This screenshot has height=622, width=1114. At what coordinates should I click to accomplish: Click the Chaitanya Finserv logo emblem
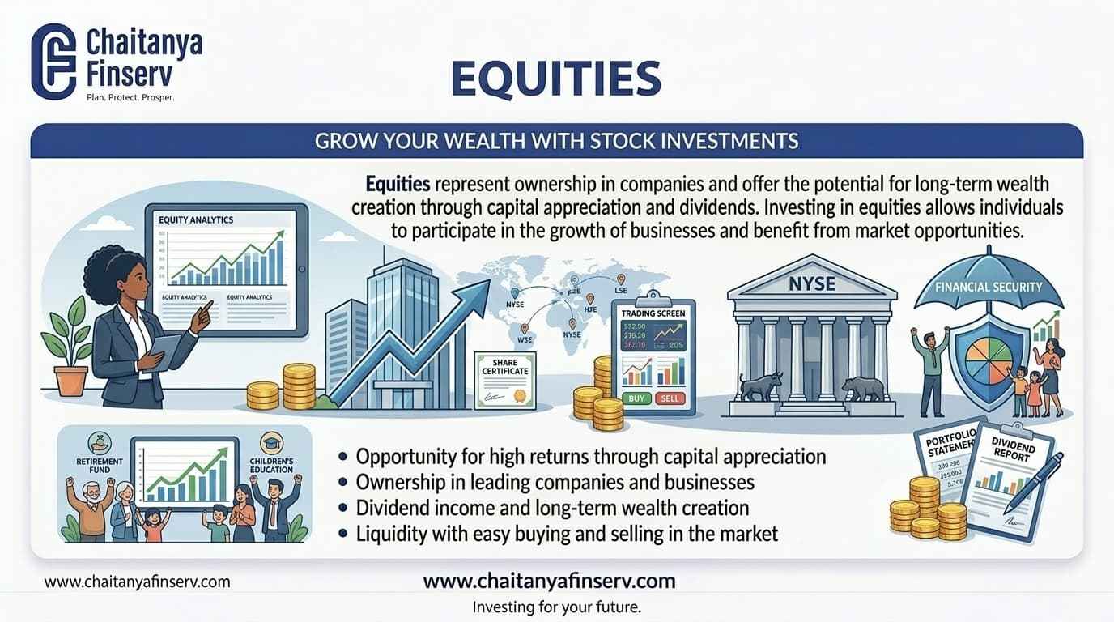click(x=53, y=62)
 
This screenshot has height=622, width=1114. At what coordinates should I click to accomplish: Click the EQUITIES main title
click(x=555, y=79)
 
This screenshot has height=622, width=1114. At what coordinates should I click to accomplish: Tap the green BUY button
click(x=636, y=398)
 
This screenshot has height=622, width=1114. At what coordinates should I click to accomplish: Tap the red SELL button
click(x=671, y=398)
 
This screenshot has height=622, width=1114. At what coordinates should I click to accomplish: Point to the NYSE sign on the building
click(x=811, y=284)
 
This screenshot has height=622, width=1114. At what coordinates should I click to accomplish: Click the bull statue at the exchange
click(x=761, y=386)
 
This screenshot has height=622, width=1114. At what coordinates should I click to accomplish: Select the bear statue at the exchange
click(x=863, y=389)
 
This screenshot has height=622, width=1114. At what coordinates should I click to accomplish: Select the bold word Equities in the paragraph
click(x=397, y=183)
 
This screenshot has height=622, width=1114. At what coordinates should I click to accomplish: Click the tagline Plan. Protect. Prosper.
click(x=130, y=97)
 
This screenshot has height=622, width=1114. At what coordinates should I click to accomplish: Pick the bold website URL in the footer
click(x=549, y=580)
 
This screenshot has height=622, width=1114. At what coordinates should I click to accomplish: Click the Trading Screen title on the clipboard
click(x=653, y=313)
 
